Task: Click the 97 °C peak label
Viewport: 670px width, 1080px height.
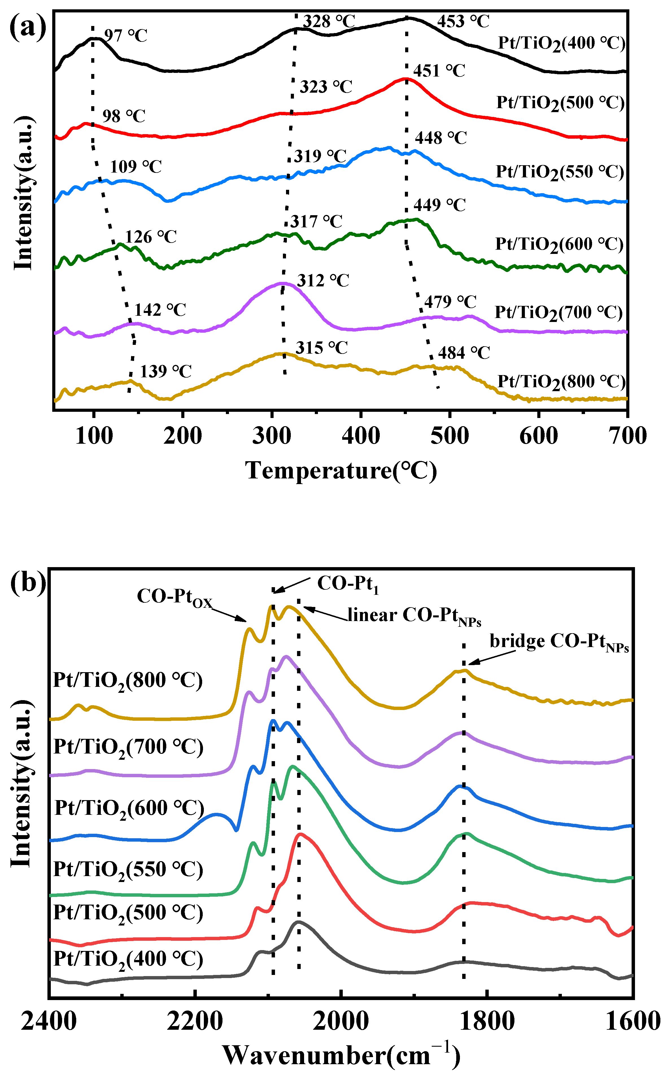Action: point(126,36)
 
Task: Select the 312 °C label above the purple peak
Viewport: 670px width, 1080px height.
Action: point(323,280)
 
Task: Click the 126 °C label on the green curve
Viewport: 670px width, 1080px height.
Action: point(151,237)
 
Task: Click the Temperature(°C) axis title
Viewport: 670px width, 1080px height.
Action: point(341,471)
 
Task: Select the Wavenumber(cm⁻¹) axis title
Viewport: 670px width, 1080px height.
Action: point(341,1055)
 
